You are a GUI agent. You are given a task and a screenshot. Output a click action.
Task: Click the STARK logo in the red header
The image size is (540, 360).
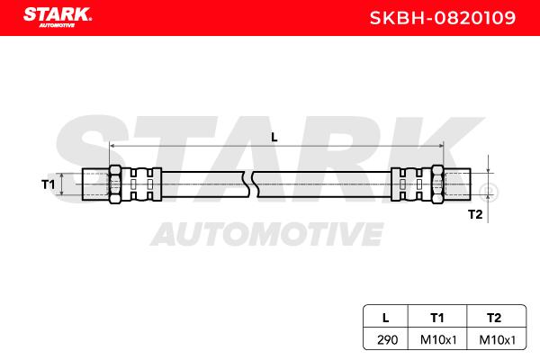(58, 17)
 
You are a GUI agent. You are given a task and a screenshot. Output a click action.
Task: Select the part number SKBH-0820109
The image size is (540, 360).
(443, 18)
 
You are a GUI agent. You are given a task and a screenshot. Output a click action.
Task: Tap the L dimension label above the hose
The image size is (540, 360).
(274, 138)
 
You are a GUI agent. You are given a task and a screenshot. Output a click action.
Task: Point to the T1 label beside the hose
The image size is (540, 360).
(49, 184)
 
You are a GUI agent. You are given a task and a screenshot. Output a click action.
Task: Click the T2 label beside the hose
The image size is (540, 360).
(475, 214)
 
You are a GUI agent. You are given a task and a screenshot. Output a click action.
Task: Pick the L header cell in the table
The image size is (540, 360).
(386, 318)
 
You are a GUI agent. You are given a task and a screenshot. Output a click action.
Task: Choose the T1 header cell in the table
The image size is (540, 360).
(437, 318)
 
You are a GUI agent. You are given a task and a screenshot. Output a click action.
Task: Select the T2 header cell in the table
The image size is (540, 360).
(494, 318)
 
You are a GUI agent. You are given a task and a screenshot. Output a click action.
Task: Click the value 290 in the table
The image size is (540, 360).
(387, 340)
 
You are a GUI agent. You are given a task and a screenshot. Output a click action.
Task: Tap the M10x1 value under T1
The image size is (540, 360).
(438, 340)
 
